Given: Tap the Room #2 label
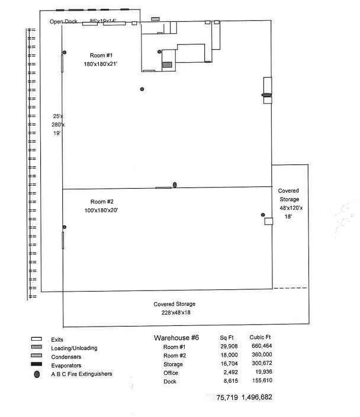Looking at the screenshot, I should coord(104,201).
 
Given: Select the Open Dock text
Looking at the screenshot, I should coord(63,22).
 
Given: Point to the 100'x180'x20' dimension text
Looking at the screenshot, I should coord(104,210).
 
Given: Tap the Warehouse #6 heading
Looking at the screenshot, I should coord(176,337).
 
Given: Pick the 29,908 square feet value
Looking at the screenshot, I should coord(229,347).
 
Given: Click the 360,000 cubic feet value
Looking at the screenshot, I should coord(261,356).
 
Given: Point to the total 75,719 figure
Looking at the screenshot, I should coord(227,397).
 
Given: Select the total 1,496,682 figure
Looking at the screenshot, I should coord(257,397).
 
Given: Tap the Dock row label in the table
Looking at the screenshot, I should coord(170,382).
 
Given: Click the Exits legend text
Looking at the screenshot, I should coord(59,340).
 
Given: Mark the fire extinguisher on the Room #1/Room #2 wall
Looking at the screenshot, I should coord(175,185).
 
